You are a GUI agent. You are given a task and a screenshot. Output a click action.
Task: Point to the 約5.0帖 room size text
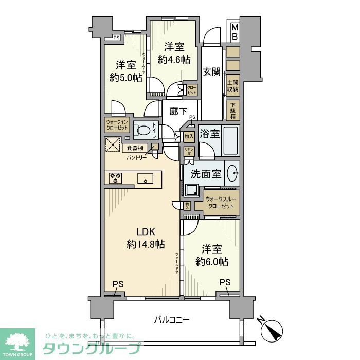pos(125,78)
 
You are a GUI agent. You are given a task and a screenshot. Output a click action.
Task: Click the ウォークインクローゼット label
pos(116,125)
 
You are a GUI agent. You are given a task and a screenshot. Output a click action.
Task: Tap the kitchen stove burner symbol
pos(116,178)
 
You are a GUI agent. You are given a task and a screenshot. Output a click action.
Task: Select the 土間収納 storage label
pos(232,85)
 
